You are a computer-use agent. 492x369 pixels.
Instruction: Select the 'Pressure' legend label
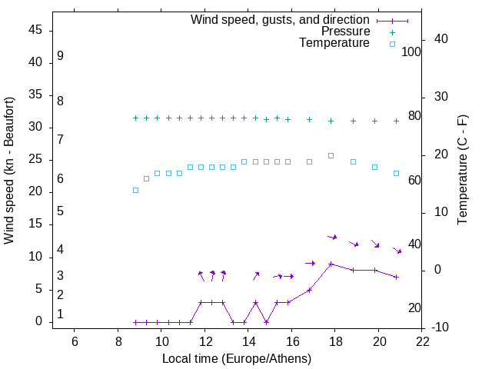tap(345, 32)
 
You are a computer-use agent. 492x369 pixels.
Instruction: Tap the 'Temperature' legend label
tap(334, 43)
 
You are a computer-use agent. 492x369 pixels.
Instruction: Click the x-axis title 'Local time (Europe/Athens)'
tap(237, 358)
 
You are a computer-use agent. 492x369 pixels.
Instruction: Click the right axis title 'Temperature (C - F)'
tap(462, 171)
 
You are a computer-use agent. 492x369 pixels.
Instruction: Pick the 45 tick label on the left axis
tap(35, 30)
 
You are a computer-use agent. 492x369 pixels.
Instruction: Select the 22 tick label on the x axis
tap(421, 341)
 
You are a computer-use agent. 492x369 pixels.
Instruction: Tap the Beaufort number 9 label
tap(60, 56)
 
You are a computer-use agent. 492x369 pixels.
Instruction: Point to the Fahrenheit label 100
tap(411, 52)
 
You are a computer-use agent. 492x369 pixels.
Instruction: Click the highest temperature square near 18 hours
tap(331, 155)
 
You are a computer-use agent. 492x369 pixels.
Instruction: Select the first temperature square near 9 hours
tap(135, 190)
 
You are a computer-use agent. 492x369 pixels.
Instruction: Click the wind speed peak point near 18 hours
tap(331, 264)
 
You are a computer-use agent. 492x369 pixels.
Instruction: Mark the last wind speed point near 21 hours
tap(396, 277)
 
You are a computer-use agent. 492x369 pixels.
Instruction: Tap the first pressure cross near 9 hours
tap(135, 118)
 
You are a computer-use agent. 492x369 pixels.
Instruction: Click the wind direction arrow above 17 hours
tap(310, 263)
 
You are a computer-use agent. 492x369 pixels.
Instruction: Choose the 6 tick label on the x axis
tap(74, 341)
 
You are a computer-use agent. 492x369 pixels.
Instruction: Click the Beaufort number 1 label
tap(60, 314)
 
